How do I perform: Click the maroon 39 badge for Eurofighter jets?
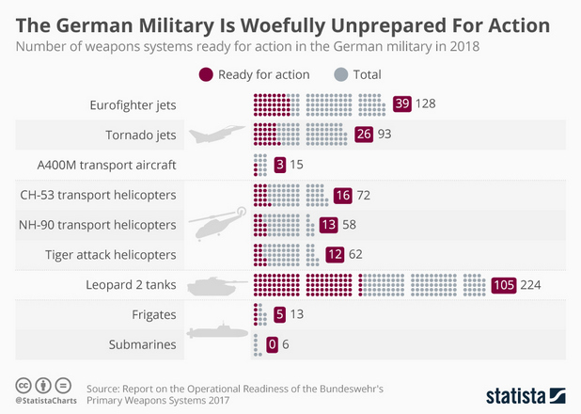(403, 104)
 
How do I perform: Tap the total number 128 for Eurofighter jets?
(426, 104)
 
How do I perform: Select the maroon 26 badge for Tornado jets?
(365, 135)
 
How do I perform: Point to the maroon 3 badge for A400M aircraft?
(280, 166)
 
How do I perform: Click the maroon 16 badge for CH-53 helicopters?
(342, 196)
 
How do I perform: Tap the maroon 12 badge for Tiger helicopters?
(335, 255)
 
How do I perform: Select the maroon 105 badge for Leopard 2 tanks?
(504, 285)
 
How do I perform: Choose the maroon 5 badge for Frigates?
(279, 314)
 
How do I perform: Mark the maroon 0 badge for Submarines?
(272, 344)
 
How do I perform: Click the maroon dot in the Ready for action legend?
(206, 74)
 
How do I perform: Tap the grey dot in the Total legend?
(341, 74)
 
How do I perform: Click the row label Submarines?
(143, 344)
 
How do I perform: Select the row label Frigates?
(153, 314)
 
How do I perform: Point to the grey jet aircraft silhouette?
(216, 135)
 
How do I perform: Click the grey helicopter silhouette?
(219, 225)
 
